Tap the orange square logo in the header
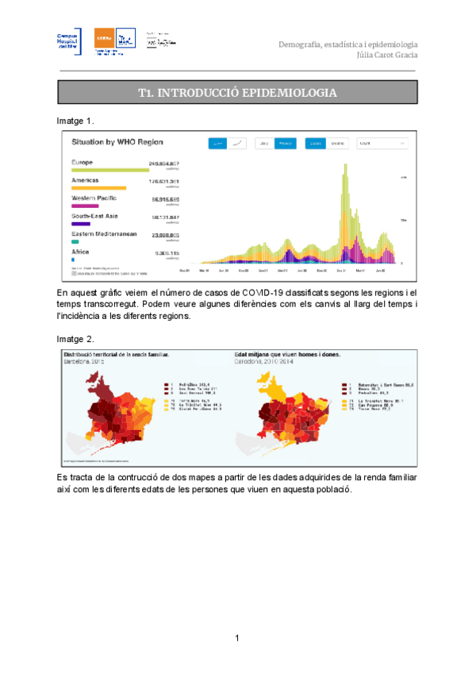[104, 38]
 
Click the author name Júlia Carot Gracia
[390, 56]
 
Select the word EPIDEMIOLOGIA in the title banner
[281, 94]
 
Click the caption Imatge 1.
[75, 121]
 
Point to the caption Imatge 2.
[75, 338]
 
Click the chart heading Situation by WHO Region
[117, 142]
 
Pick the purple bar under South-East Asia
[80, 224]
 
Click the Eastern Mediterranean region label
[103, 234]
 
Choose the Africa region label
[80, 252]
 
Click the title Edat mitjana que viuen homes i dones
[288, 355]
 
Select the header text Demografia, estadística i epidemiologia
[348, 44]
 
